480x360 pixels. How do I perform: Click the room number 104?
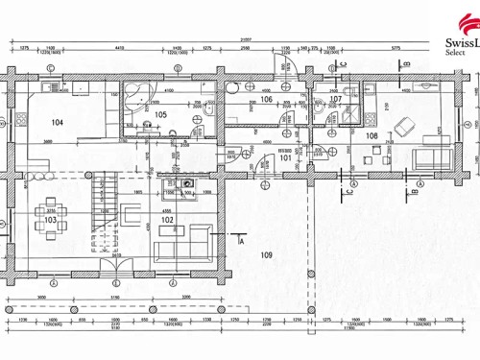[x=58, y=122]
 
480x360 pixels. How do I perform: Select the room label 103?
[x=50, y=220]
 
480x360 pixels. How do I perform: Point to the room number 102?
[x=167, y=220]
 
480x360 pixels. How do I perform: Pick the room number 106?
[x=266, y=99]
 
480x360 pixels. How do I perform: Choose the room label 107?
[x=335, y=99]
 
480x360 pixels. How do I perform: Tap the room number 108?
[x=371, y=135]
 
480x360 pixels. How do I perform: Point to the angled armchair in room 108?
[x=404, y=123]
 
